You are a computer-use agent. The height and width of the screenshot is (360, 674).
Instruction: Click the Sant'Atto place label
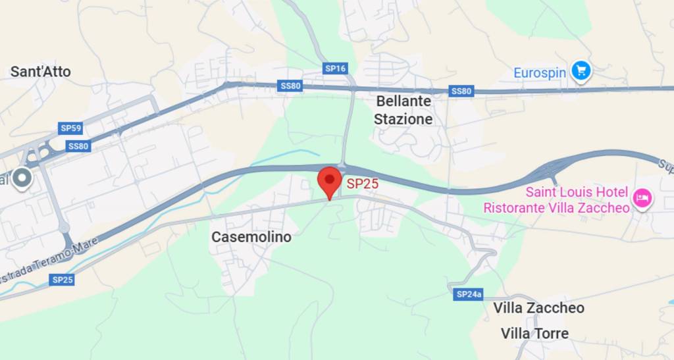pos(40,72)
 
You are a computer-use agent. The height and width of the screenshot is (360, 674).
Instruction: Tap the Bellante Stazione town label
pos(403,110)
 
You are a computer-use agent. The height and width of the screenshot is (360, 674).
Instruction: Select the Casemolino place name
pos(251,236)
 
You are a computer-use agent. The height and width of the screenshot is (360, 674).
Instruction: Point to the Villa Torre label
pos(534,333)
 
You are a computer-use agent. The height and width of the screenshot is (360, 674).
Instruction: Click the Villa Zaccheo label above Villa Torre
pos(538,307)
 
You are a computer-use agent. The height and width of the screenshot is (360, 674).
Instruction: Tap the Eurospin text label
pos(540,72)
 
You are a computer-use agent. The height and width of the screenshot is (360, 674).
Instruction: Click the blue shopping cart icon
pos(580,70)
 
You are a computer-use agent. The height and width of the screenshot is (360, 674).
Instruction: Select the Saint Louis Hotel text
pos(575,193)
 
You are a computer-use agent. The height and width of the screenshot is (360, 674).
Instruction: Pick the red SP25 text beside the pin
pos(363,184)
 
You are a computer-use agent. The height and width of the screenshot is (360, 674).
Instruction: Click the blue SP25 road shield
pos(63,280)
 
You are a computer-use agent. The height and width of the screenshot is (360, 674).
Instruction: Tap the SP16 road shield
pos(335,68)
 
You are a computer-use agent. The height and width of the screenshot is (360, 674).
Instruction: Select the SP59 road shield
pos(70,128)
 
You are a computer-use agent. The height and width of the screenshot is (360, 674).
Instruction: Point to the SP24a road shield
pos(469,294)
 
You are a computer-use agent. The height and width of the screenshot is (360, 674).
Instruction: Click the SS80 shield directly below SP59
pos(78,146)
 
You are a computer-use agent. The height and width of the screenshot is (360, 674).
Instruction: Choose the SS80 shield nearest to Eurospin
pos(461,91)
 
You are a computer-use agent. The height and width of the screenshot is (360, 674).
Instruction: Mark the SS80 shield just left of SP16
pos(290,86)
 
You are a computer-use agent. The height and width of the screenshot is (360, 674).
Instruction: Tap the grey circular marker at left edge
pos(23,178)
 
